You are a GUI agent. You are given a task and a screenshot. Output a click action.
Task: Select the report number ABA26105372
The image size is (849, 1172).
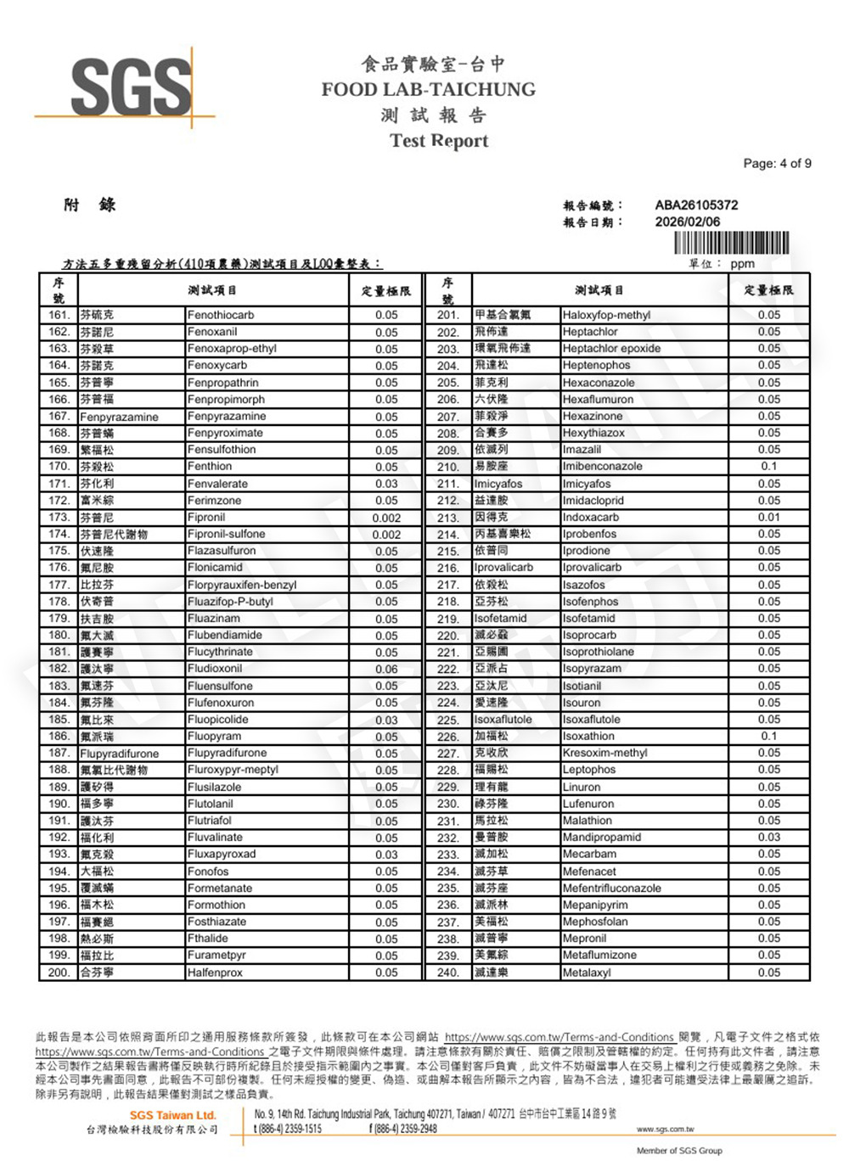point(696,205)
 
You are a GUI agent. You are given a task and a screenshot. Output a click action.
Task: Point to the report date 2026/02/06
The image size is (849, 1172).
point(687,222)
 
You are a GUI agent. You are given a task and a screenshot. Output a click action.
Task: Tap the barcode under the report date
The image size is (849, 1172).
point(731,243)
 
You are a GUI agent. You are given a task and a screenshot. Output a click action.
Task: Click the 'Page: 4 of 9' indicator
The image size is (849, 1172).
point(777,163)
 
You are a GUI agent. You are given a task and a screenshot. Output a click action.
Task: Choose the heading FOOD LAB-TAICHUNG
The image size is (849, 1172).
point(428,89)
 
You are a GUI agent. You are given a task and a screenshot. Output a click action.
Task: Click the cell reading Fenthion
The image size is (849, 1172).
point(210,466)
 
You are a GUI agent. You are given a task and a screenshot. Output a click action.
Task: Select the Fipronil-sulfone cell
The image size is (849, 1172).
point(226,534)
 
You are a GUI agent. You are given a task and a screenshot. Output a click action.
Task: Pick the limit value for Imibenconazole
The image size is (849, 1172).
point(768,466)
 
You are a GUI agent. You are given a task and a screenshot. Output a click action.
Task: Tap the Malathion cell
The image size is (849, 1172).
point(587,820)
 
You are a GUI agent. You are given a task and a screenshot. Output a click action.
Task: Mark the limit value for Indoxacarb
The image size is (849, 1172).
point(768,517)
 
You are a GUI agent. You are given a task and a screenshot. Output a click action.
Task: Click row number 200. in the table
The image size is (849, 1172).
point(59,972)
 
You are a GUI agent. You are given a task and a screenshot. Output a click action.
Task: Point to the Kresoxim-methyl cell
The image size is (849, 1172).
point(604,753)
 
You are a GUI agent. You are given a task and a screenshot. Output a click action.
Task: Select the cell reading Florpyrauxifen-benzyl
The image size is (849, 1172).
point(242,585)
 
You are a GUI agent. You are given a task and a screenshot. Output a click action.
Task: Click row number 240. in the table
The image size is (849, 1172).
point(447,972)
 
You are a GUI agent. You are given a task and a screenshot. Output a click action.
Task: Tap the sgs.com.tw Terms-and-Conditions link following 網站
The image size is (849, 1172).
point(559,1037)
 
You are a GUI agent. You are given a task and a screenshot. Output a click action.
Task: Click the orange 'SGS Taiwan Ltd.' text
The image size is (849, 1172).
point(172,1114)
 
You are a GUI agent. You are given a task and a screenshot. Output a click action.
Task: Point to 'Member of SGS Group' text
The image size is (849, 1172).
point(679,1151)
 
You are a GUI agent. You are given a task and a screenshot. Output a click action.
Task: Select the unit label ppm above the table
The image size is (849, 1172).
point(742,264)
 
